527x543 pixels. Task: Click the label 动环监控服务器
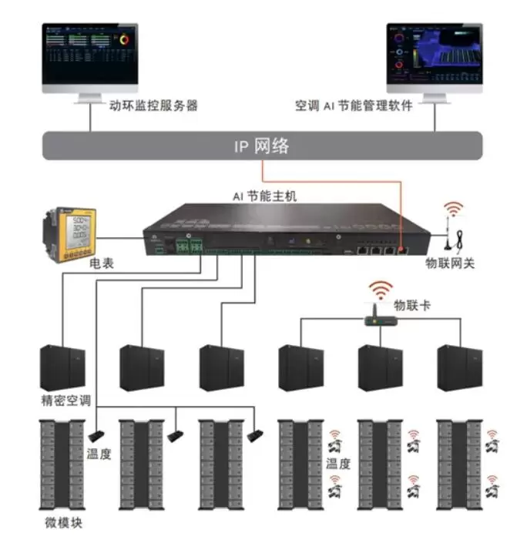(155, 106)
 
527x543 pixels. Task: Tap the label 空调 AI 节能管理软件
(354, 106)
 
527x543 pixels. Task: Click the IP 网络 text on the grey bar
(262, 146)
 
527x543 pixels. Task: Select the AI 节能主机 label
(264, 196)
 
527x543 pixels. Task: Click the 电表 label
(102, 263)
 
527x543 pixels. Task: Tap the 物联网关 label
(451, 263)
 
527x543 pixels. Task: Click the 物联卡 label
(412, 306)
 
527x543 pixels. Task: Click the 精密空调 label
(67, 401)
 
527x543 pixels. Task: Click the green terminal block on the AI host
(188, 247)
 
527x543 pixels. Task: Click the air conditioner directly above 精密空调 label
(63, 367)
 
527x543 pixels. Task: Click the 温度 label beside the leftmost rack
(99, 454)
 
